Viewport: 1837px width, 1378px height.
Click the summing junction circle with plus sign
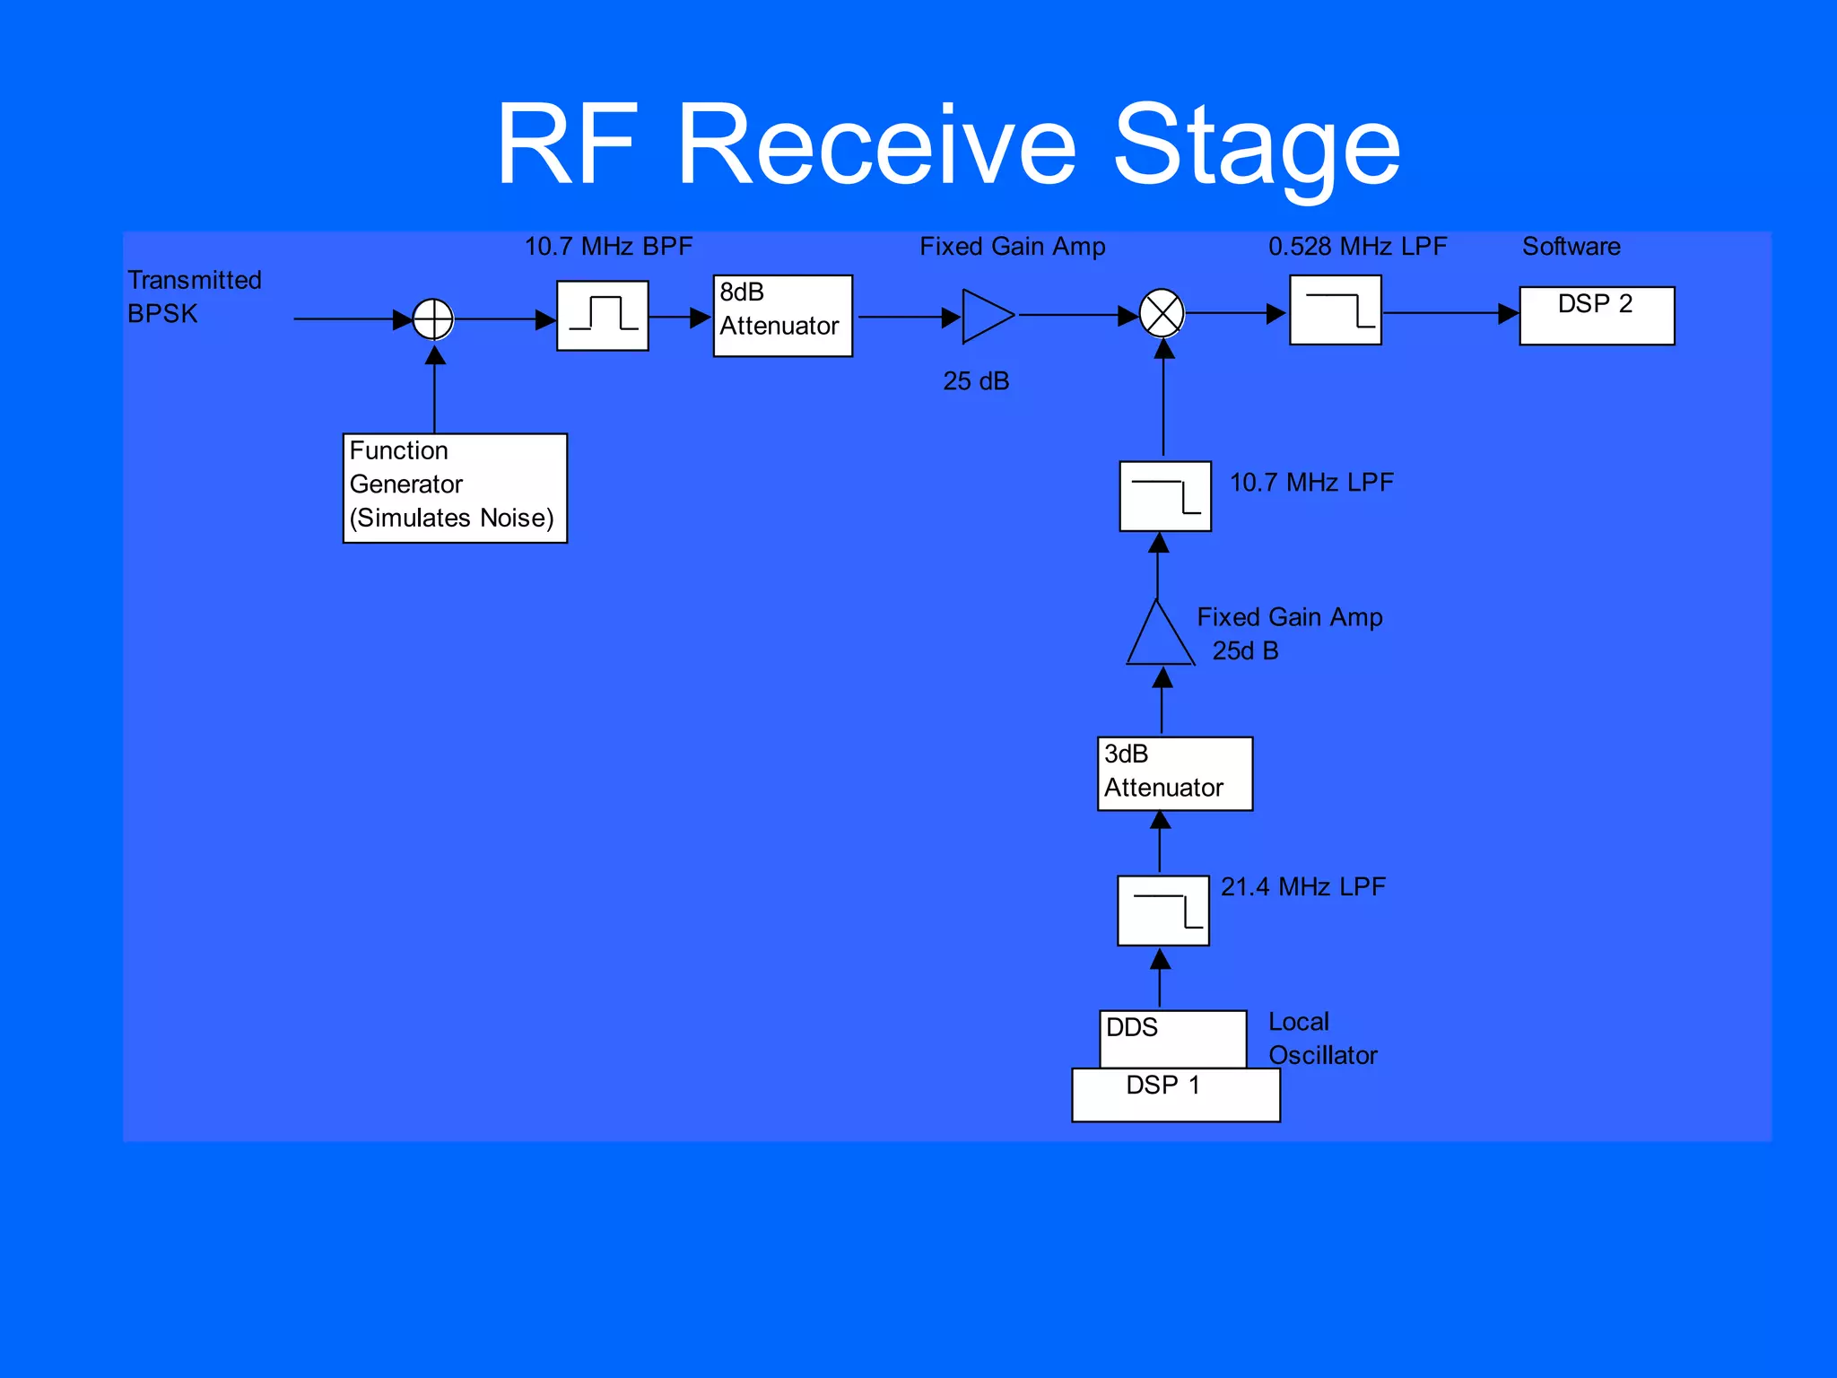tap(433, 319)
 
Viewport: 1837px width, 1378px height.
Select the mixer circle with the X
tap(1162, 313)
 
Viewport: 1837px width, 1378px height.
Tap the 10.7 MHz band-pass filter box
tap(602, 316)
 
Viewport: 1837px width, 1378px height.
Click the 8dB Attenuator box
tap(782, 316)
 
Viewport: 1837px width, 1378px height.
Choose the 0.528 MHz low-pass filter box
tap(1335, 310)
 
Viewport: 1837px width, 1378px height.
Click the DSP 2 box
tap(1596, 315)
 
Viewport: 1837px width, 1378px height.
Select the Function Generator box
tap(455, 488)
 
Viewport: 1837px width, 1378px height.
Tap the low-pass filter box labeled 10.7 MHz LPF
tap(1164, 496)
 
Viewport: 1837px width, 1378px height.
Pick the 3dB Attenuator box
tap(1174, 773)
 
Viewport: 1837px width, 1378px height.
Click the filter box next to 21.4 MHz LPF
tap(1162, 911)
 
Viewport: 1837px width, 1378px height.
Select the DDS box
tap(1172, 1038)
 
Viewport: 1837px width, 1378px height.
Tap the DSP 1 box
tap(1175, 1095)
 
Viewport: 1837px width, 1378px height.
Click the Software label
tap(1571, 247)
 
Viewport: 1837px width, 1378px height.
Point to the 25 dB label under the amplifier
tap(976, 381)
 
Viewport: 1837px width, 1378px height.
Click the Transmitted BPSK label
tap(193, 297)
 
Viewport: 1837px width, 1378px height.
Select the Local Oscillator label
tap(1322, 1039)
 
